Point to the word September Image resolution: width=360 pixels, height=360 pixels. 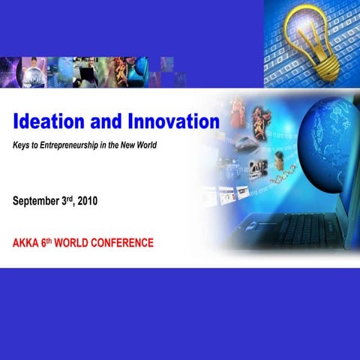tap(40, 201)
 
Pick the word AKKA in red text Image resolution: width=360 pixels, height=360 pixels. tap(28, 244)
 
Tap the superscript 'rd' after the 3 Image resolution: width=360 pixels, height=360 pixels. tap(79, 198)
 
